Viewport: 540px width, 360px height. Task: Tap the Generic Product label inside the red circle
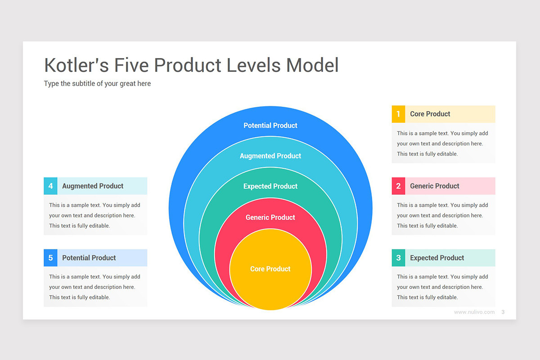pyautogui.click(x=270, y=217)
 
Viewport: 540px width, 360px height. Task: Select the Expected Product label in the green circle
pyautogui.click(x=270, y=186)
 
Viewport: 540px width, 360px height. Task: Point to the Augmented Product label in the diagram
pyautogui.click(x=270, y=156)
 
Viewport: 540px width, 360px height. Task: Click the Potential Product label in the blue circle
pyautogui.click(x=270, y=126)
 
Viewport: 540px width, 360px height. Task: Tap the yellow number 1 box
pyautogui.click(x=398, y=114)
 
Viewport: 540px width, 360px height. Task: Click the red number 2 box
pyautogui.click(x=398, y=186)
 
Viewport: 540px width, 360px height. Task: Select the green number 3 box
pyautogui.click(x=398, y=258)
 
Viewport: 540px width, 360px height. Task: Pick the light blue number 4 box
pyautogui.click(x=50, y=186)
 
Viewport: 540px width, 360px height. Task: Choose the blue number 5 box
pyautogui.click(x=50, y=258)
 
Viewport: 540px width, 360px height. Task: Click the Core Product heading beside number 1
pyautogui.click(x=430, y=114)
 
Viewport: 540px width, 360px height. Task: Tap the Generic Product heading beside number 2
pyautogui.click(x=434, y=186)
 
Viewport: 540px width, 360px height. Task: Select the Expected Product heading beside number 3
pyautogui.click(x=436, y=258)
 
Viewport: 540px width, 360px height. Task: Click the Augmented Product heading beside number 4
pyautogui.click(x=93, y=186)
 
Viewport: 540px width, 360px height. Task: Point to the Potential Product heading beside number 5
pyautogui.click(x=89, y=258)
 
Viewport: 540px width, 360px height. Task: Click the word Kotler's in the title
pyautogui.click(x=76, y=65)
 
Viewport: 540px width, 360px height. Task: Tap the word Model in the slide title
pyautogui.click(x=312, y=65)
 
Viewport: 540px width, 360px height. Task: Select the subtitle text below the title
pyautogui.click(x=97, y=84)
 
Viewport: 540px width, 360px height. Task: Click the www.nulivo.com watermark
pyautogui.click(x=474, y=312)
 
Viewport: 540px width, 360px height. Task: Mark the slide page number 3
pyautogui.click(x=503, y=312)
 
